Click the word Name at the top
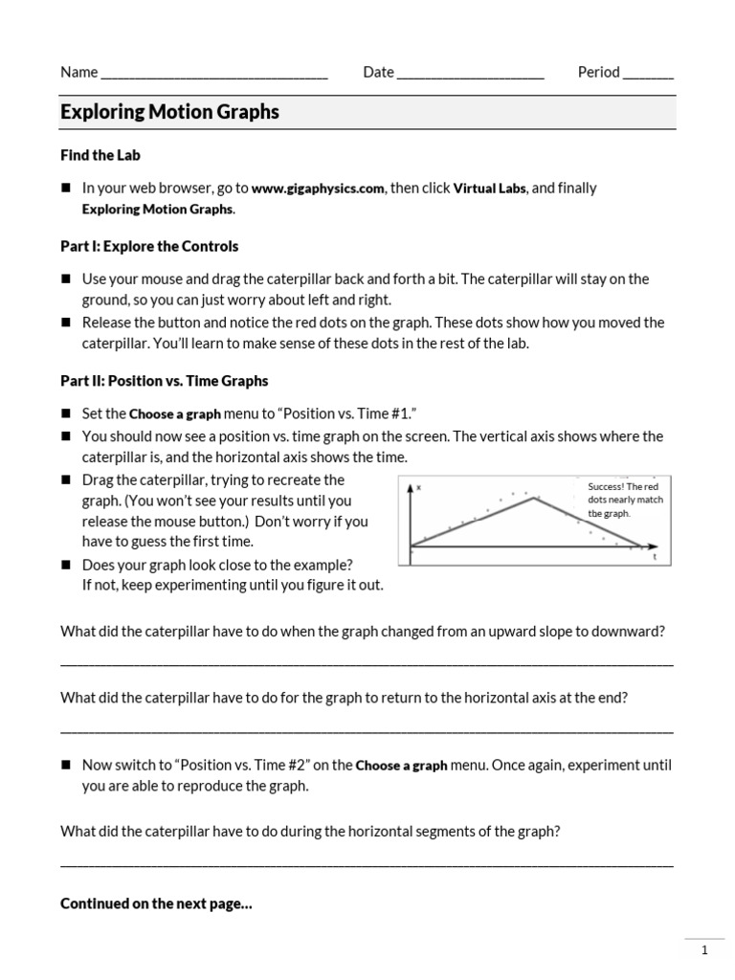point(78,72)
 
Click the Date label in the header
point(378,72)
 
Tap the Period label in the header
point(598,72)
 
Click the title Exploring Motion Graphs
point(169,112)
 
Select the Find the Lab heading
point(100,155)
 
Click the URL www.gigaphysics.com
point(319,189)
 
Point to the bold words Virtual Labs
point(489,189)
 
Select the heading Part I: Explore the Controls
point(149,246)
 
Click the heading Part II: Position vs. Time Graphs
point(164,381)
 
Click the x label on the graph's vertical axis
point(419,487)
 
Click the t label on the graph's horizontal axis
point(655,557)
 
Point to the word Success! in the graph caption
point(607,486)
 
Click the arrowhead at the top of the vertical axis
point(412,488)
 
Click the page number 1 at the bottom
point(704,950)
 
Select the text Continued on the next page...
point(156,903)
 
